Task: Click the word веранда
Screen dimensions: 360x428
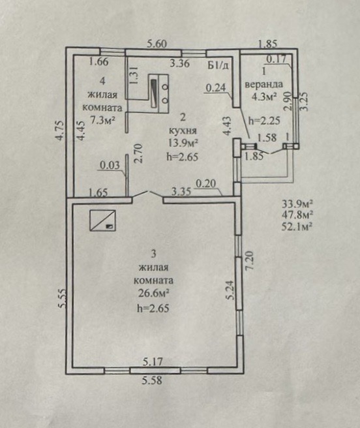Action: click(x=263, y=84)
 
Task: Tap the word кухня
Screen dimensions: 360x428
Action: click(x=183, y=130)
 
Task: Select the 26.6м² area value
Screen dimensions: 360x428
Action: click(x=154, y=294)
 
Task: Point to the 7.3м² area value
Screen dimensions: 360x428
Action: click(x=102, y=120)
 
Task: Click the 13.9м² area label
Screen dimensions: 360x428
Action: click(x=183, y=144)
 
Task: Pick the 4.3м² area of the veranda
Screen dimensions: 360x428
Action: click(x=264, y=97)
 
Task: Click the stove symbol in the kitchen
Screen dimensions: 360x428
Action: click(x=158, y=93)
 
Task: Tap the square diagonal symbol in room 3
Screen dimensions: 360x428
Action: click(x=102, y=220)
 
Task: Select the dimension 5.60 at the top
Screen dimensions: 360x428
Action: click(x=157, y=44)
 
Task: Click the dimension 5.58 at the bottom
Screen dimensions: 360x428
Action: click(x=152, y=380)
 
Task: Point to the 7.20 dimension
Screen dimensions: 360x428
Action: click(x=250, y=261)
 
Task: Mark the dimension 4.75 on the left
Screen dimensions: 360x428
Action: click(x=60, y=130)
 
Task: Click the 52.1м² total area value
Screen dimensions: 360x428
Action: click(x=297, y=226)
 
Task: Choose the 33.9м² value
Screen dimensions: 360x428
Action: click(x=297, y=204)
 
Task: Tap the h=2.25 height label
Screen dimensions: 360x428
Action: click(x=265, y=120)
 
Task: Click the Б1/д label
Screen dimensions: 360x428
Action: click(x=218, y=65)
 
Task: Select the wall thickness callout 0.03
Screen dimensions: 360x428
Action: click(x=110, y=165)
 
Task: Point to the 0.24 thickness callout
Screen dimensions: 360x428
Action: click(x=216, y=87)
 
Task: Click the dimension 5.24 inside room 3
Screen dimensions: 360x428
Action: click(x=230, y=290)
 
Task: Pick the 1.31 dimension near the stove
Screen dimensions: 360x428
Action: click(x=134, y=76)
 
